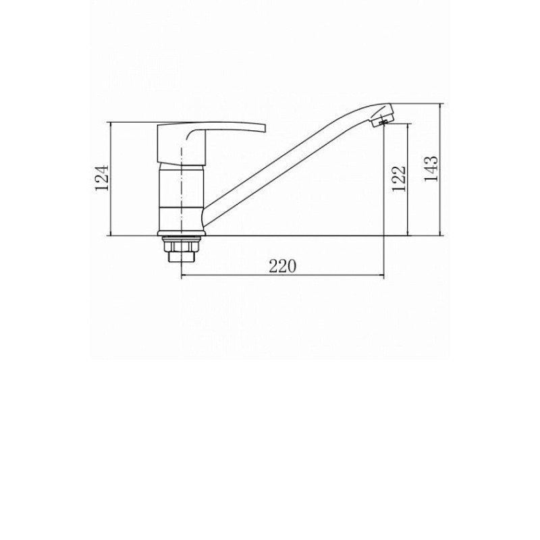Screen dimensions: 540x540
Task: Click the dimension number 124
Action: click(x=102, y=178)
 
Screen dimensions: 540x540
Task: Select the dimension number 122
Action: click(x=399, y=179)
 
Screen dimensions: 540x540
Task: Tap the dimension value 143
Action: click(x=431, y=169)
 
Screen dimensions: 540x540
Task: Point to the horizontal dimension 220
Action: click(x=282, y=266)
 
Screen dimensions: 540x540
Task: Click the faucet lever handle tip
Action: click(x=265, y=128)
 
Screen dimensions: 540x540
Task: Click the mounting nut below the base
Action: click(x=182, y=246)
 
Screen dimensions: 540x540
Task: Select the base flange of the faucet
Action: click(x=182, y=234)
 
